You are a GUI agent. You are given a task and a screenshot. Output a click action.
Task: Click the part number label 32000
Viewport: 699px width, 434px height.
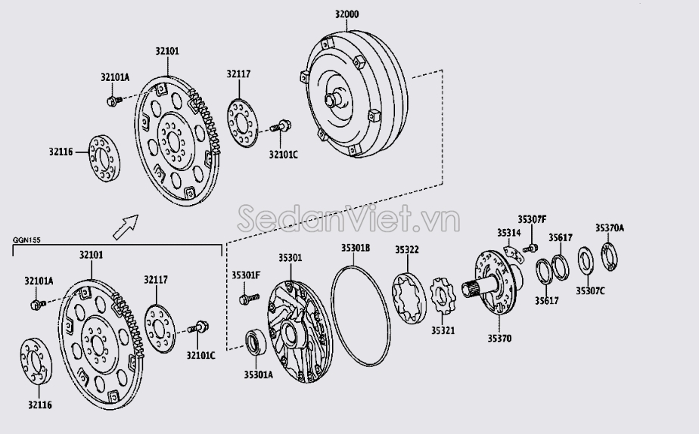pyautogui.click(x=346, y=14)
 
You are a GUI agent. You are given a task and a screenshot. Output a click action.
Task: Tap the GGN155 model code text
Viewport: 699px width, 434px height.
pyautogui.click(x=26, y=240)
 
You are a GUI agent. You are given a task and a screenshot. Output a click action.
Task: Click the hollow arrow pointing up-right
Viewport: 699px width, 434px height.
pyautogui.click(x=126, y=227)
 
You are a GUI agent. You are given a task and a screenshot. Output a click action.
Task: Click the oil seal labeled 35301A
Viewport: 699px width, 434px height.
pyautogui.click(x=256, y=343)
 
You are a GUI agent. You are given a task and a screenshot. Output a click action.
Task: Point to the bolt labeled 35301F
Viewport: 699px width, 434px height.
pyautogui.click(x=249, y=299)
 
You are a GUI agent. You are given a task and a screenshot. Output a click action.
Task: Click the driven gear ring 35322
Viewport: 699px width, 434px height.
pyautogui.click(x=409, y=298)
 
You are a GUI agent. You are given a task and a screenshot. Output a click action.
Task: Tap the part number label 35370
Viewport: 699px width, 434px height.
pyautogui.click(x=499, y=339)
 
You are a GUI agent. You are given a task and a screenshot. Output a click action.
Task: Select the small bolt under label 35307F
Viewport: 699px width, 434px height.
pyautogui.click(x=531, y=248)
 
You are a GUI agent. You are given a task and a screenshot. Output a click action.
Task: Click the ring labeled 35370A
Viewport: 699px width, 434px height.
pyautogui.click(x=610, y=256)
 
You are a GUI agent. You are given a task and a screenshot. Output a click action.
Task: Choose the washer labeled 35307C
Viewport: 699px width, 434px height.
pyautogui.click(x=586, y=261)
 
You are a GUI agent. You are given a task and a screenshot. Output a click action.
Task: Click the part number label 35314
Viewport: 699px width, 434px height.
pyautogui.click(x=509, y=233)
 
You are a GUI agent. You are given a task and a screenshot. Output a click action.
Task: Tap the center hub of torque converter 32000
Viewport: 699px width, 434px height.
pyautogui.click(x=333, y=98)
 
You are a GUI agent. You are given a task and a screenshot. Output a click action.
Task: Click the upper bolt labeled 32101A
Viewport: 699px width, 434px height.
pyautogui.click(x=114, y=101)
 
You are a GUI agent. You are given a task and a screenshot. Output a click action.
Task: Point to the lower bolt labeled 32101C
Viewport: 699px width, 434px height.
pyautogui.click(x=198, y=327)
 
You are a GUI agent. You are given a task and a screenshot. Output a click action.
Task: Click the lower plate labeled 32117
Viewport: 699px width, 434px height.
pyautogui.click(x=160, y=329)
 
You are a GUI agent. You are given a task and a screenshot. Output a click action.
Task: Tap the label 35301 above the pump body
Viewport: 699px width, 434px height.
pyautogui.click(x=290, y=258)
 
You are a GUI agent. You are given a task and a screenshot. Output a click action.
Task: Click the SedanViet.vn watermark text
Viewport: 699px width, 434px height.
pyautogui.click(x=348, y=219)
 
